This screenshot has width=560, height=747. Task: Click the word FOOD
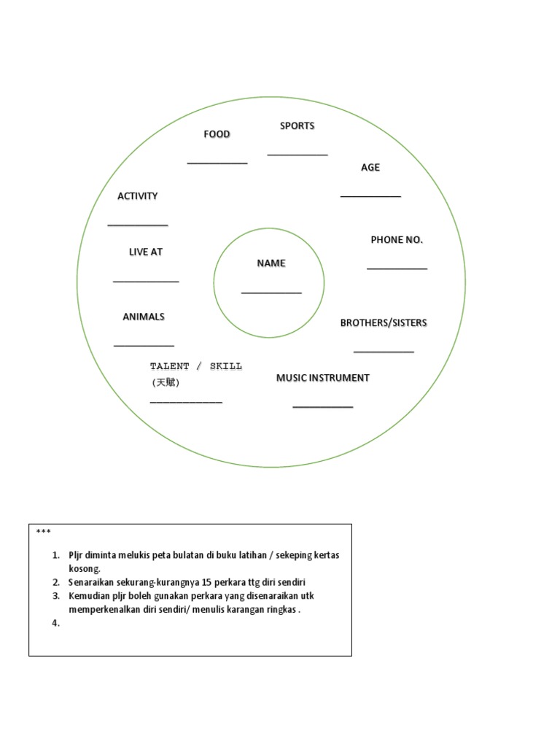tap(217, 134)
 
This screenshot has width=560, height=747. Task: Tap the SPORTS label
tap(297, 126)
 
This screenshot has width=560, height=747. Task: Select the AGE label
tap(370, 168)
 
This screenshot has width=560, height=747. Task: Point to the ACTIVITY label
tap(137, 196)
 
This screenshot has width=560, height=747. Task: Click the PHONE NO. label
tap(397, 240)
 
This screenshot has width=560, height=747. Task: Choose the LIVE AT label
tap(146, 252)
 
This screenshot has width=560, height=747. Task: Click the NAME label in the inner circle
tap(271, 263)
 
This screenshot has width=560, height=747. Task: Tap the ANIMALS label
tap(144, 317)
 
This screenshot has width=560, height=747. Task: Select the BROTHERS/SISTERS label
tap(384, 323)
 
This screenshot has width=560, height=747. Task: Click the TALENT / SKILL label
tap(195, 366)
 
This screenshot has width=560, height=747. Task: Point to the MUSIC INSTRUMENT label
tap(322, 378)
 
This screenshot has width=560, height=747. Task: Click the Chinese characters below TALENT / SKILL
tap(166, 382)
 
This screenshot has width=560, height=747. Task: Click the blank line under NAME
tap(271, 293)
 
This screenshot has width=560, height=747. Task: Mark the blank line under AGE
tap(370, 196)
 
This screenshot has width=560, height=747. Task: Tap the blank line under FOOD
tap(217, 163)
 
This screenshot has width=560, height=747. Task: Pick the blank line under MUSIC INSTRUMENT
tap(323, 406)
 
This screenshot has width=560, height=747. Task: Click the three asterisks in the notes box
tap(42, 532)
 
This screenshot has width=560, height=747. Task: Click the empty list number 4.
tap(55, 623)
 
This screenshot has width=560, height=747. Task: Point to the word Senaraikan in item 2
tap(93, 582)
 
